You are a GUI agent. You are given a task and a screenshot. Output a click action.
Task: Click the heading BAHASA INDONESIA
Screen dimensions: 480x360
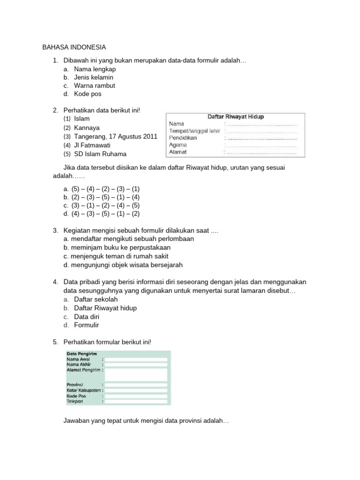click(x=74, y=47)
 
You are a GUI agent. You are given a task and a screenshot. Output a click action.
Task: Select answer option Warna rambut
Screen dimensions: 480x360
click(x=94, y=86)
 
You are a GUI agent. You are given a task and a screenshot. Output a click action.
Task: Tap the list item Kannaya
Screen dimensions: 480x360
click(x=87, y=127)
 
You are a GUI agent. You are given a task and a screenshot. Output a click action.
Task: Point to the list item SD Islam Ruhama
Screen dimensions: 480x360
click(x=100, y=154)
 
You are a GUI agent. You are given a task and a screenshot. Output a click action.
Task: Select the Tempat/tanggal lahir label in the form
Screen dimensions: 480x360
click(x=194, y=131)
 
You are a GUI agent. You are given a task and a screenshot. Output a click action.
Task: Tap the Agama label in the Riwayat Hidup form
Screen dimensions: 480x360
click(x=178, y=145)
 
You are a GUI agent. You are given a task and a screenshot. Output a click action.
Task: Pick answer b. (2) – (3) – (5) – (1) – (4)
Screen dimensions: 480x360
click(x=102, y=197)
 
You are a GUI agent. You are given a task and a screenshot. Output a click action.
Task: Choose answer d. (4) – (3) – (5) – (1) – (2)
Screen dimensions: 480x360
click(x=102, y=214)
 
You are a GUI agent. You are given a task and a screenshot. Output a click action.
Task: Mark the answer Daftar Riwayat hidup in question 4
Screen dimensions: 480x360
click(x=105, y=308)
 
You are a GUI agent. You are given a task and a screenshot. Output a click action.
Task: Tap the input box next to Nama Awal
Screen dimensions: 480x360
click(x=136, y=360)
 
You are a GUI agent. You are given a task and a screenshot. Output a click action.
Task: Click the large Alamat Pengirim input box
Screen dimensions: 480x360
click(x=136, y=374)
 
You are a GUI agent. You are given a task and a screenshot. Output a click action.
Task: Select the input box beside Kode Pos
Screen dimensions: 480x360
click(x=136, y=396)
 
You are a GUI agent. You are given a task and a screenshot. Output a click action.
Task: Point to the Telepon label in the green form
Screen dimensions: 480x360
click(x=75, y=402)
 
